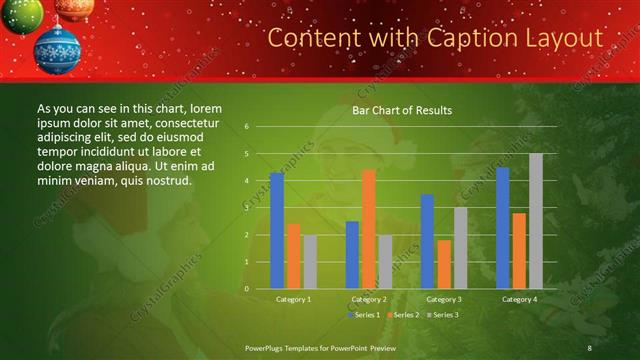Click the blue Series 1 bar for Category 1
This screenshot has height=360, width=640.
(x=277, y=231)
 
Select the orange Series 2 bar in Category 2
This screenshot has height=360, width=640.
(x=368, y=229)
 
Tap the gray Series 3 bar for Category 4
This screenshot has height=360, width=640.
(x=536, y=221)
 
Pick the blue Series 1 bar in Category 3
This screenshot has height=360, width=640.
(x=427, y=242)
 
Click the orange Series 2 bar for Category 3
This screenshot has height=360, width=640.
(x=444, y=264)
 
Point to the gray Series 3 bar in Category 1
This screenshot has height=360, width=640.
(x=310, y=262)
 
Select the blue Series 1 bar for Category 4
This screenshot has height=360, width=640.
(x=503, y=228)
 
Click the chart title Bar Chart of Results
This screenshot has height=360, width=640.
(x=402, y=110)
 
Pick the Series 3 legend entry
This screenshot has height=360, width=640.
(x=441, y=315)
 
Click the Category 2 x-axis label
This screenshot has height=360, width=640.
(x=369, y=299)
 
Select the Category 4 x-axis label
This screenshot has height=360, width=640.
(x=519, y=299)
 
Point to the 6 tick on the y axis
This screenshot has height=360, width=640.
(x=246, y=127)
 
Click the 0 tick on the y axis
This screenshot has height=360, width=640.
(x=246, y=289)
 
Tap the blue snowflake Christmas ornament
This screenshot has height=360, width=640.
(x=57, y=49)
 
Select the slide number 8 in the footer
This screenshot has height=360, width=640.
(x=589, y=347)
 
